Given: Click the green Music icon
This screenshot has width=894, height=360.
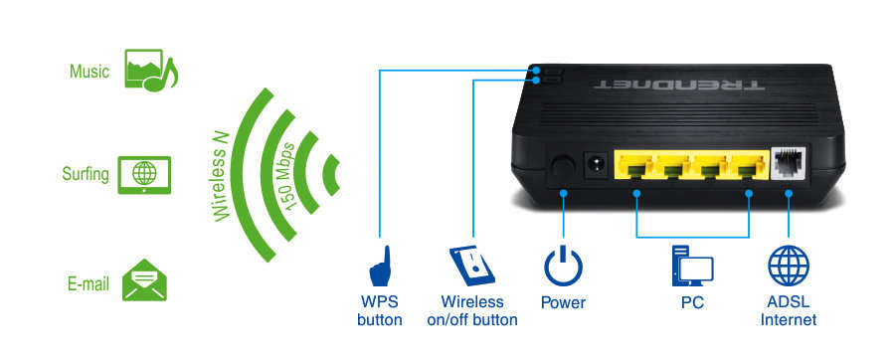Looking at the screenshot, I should coord(149,72).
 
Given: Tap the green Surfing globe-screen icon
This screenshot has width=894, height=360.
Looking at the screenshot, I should coord(144,174).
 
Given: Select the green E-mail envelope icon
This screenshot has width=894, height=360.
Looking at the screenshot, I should coord(144,281).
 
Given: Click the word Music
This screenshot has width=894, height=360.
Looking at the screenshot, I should coord(89,72).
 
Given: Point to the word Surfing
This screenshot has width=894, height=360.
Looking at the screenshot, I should coord(84,174).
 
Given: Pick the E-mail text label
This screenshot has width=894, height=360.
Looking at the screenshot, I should coord(88,283).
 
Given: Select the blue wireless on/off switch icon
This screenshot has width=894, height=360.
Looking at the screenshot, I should coord(471,266).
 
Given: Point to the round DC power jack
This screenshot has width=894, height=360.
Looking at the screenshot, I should coord(598,164).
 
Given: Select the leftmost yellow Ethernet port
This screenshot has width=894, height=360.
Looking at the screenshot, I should coord(636,167).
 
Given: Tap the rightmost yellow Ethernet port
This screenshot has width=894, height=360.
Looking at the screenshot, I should coord(746,167).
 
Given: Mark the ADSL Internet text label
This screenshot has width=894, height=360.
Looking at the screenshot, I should coord(788,310).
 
